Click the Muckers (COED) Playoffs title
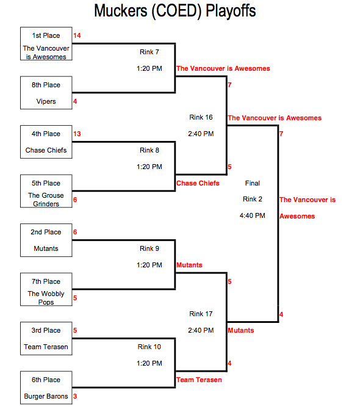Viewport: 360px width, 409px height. click(x=175, y=11)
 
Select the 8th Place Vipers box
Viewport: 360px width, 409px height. click(x=46, y=93)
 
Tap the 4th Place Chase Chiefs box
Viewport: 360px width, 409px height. click(x=46, y=142)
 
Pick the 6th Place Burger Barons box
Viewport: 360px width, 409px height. click(x=46, y=388)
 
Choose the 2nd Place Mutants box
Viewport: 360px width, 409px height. click(x=46, y=241)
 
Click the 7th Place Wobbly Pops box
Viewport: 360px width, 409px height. click(x=46, y=289)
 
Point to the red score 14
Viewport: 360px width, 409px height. click(x=77, y=35)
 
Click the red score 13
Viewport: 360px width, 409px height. click(x=77, y=134)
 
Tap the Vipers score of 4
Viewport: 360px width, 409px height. click(x=75, y=101)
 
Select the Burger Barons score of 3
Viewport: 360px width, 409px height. click(x=75, y=396)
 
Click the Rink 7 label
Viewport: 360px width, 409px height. click(x=149, y=52)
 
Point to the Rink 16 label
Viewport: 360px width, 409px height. click(x=201, y=117)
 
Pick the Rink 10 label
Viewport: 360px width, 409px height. click(x=149, y=347)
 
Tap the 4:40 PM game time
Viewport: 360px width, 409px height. click(x=253, y=215)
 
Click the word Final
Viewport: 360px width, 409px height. click(x=253, y=183)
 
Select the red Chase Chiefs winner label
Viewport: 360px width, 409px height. click(x=198, y=183)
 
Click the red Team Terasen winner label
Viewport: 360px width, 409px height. click(x=199, y=380)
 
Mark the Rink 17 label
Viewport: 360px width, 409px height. click(x=201, y=314)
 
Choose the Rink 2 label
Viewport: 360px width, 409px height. click(x=253, y=199)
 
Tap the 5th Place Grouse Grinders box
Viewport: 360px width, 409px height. click(x=46, y=191)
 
